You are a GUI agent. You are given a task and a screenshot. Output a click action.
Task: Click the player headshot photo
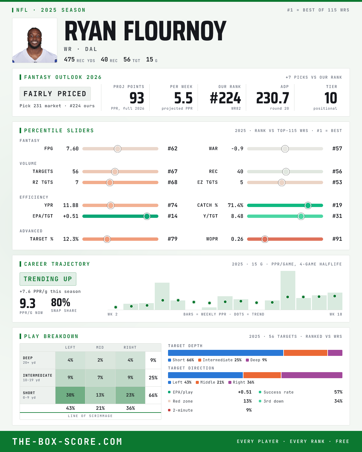pyautogui.click(x=35, y=40)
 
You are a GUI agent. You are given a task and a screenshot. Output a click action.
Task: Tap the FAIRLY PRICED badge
pyautogui.click(x=55, y=94)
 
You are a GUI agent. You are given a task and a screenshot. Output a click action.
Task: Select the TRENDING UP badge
pyautogui.click(x=48, y=279)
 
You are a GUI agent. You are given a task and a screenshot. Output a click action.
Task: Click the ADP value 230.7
pyautogui.click(x=273, y=98)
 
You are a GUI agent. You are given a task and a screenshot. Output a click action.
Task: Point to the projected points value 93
pyautogui.click(x=137, y=98)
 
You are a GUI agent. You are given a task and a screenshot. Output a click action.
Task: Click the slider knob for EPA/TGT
pyautogui.click(x=147, y=216)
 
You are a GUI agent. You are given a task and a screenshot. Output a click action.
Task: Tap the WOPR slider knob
pyautogui.click(x=265, y=239)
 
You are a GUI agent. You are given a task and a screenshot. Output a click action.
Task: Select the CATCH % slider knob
pyautogui.click(x=308, y=206)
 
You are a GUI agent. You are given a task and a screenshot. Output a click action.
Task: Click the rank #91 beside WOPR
pyautogui.click(x=337, y=239)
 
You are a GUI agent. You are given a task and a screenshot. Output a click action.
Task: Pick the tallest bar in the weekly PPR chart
pyautogui.click(x=288, y=290)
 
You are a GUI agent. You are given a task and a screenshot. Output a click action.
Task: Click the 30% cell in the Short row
pyautogui.click(x=70, y=395)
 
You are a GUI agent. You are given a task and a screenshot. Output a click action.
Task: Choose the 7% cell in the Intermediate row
pyautogui.click(x=100, y=378)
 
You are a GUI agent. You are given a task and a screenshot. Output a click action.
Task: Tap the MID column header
pyautogui.click(x=100, y=347)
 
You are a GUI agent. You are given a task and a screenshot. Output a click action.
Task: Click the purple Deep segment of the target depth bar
pyautogui.click(x=335, y=353)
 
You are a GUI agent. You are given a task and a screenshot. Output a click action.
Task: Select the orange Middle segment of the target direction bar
pyautogui.click(x=262, y=375)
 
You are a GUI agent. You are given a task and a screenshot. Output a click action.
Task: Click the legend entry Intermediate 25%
pyautogui.click(x=220, y=360)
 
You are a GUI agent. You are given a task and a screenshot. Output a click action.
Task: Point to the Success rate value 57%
pyautogui.click(x=338, y=392)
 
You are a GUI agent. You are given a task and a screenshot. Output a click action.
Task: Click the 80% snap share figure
pyautogui.click(x=61, y=303)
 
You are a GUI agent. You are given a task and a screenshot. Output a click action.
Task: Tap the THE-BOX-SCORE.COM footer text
pyautogui.click(x=67, y=441)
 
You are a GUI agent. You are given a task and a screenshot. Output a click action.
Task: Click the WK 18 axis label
pyautogui.click(x=336, y=314)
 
